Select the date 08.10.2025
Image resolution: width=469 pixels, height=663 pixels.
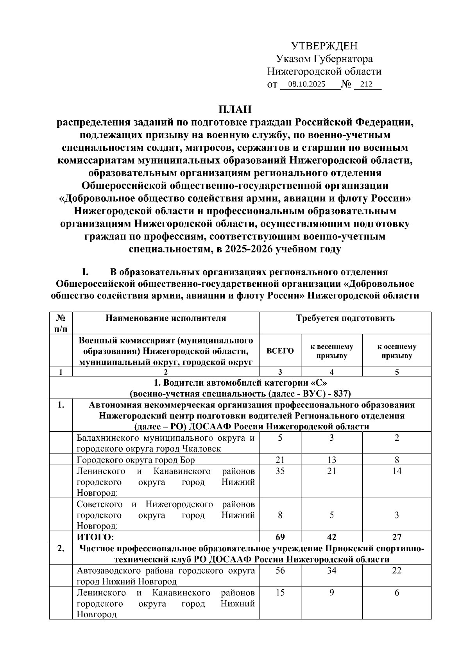pyautogui.click(x=306, y=84)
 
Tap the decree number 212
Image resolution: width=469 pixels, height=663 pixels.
pyautogui.click(x=366, y=84)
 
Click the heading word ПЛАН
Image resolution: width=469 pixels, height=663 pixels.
pyautogui.click(x=234, y=109)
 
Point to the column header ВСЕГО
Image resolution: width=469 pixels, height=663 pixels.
pyautogui.click(x=280, y=351)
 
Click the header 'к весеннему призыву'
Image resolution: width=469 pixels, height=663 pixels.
pyautogui.click(x=331, y=351)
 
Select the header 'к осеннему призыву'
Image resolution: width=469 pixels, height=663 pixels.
pyautogui.click(x=396, y=351)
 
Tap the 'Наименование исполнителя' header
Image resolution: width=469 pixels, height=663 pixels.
pyautogui.click(x=166, y=318)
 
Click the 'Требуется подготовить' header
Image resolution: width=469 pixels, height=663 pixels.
pyautogui.click(x=345, y=318)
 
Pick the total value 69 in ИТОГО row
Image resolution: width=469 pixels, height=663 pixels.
pyautogui.click(x=280, y=537)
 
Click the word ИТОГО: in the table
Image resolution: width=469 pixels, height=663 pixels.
pyautogui.click(x=96, y=537)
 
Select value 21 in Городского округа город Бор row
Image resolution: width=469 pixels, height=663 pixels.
pyautogui.click(x=280, y=460)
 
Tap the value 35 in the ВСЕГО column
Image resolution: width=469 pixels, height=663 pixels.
pyautogui.click(x=280, y=471)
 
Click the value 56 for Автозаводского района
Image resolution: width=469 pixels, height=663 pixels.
pyautogui.click(x=280, y=570)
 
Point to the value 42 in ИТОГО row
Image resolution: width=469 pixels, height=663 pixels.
pyautogui.click(x=331, y=537)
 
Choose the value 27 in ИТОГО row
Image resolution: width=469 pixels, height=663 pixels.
pyautogui.click(x=396, y=537)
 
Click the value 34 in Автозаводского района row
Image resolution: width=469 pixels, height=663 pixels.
pyautogui.click(x=331, y=570)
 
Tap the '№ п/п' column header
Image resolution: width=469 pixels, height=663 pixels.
pyautogui.click(x=61, y=323)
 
